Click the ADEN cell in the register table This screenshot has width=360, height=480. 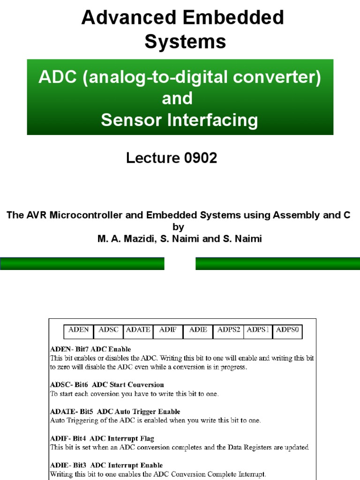(x=79, y=330)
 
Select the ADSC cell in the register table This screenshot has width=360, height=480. (x=109, y=330)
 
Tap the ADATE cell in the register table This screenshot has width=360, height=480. (x=138, y=330)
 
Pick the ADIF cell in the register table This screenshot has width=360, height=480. (x=168, y=330)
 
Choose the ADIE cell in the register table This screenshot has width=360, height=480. (x=198, y=330)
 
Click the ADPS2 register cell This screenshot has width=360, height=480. (x=229, y=330)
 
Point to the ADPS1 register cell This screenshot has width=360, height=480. (x=258, y=330)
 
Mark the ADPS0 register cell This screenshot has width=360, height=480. (x=287, y=330)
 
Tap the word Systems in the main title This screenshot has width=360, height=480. (x=185, y=42)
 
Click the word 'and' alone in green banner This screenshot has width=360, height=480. (x=177, y=98)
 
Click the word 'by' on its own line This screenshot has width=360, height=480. (x=178, y=227)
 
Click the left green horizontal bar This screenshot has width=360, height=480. (x=82, y=264)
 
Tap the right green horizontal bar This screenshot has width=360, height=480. (x=277, y=264)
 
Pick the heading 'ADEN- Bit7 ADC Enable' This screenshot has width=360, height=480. (x=90, y=349)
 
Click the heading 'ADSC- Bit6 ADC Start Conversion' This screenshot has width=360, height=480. (x=107, y=385)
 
